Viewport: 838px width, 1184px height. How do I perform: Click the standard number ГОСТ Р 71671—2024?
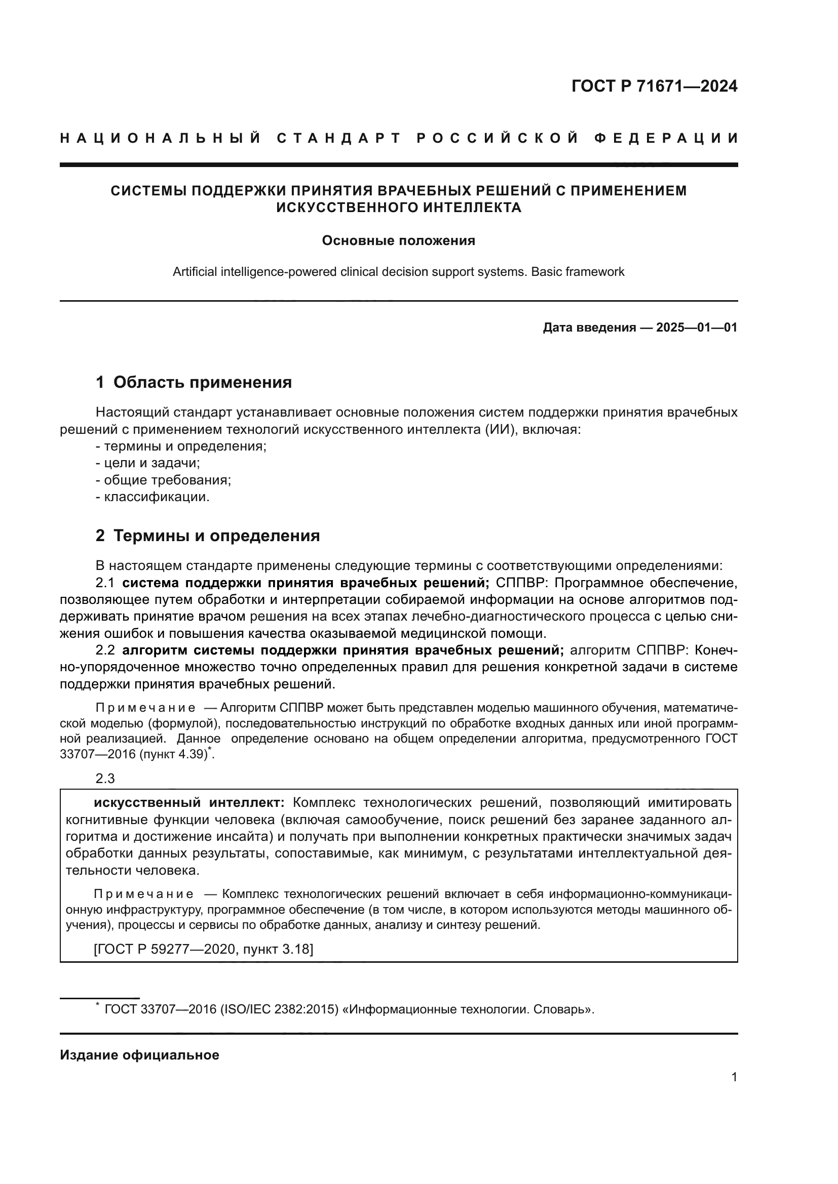click(654, 86)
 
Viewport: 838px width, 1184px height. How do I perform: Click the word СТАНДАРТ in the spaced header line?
click(339, 138)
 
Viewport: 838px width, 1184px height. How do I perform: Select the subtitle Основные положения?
click(398, 241)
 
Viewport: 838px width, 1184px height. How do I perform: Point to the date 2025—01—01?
click(697, 328)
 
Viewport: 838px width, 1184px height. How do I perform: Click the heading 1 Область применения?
click(194, 382)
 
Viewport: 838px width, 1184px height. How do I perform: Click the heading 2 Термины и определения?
click(207, 536)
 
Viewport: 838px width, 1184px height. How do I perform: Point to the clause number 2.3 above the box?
click(105, 778)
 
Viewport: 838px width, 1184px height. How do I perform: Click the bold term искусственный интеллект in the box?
click(189, 803)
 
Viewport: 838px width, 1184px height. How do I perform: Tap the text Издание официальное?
click(139, 1055)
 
